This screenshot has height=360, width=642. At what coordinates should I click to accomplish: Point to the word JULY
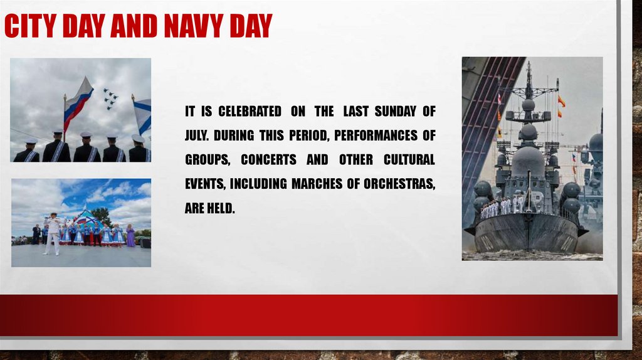[200, 135]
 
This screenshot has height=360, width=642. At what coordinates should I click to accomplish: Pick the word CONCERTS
[268, 159]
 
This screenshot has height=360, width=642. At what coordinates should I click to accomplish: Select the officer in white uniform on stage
[53, 233]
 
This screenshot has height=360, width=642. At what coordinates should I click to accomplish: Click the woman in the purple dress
[130, 236]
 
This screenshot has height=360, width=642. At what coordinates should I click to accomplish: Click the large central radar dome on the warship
[528, 161]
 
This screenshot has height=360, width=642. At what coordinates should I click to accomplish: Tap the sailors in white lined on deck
[502, 206]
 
